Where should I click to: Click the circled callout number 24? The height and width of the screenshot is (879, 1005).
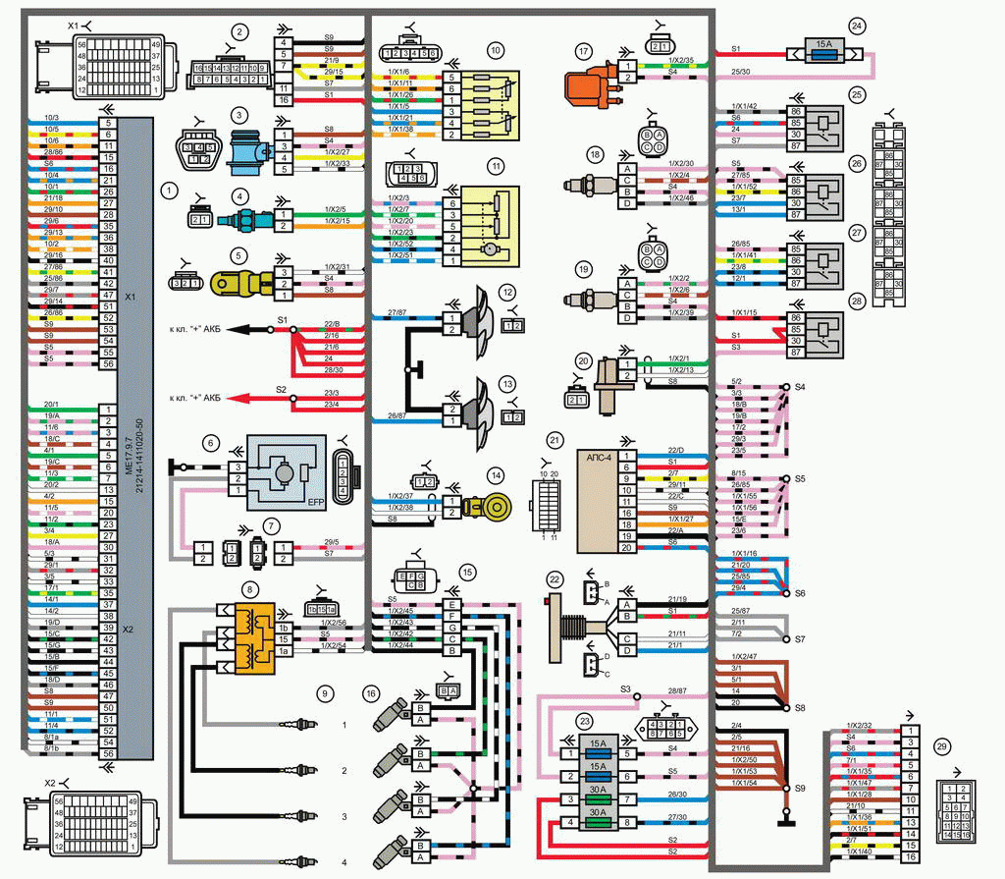point(858,26)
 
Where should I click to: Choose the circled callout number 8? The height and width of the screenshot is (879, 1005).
point(251,589)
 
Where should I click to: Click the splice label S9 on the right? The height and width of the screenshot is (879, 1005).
point(799,788)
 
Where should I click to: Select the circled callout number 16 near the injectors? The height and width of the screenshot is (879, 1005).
point(369,693)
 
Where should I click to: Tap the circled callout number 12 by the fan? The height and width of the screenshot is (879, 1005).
point(506,293)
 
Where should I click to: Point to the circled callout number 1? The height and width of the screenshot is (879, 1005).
point(171,187)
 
